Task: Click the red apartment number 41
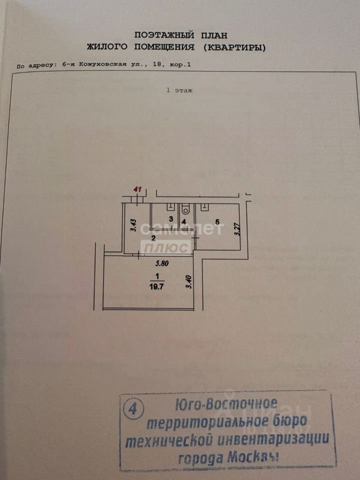pyautogui.click(x=137, y=189)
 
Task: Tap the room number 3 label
pyautogui.click(x=170, y=219)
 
